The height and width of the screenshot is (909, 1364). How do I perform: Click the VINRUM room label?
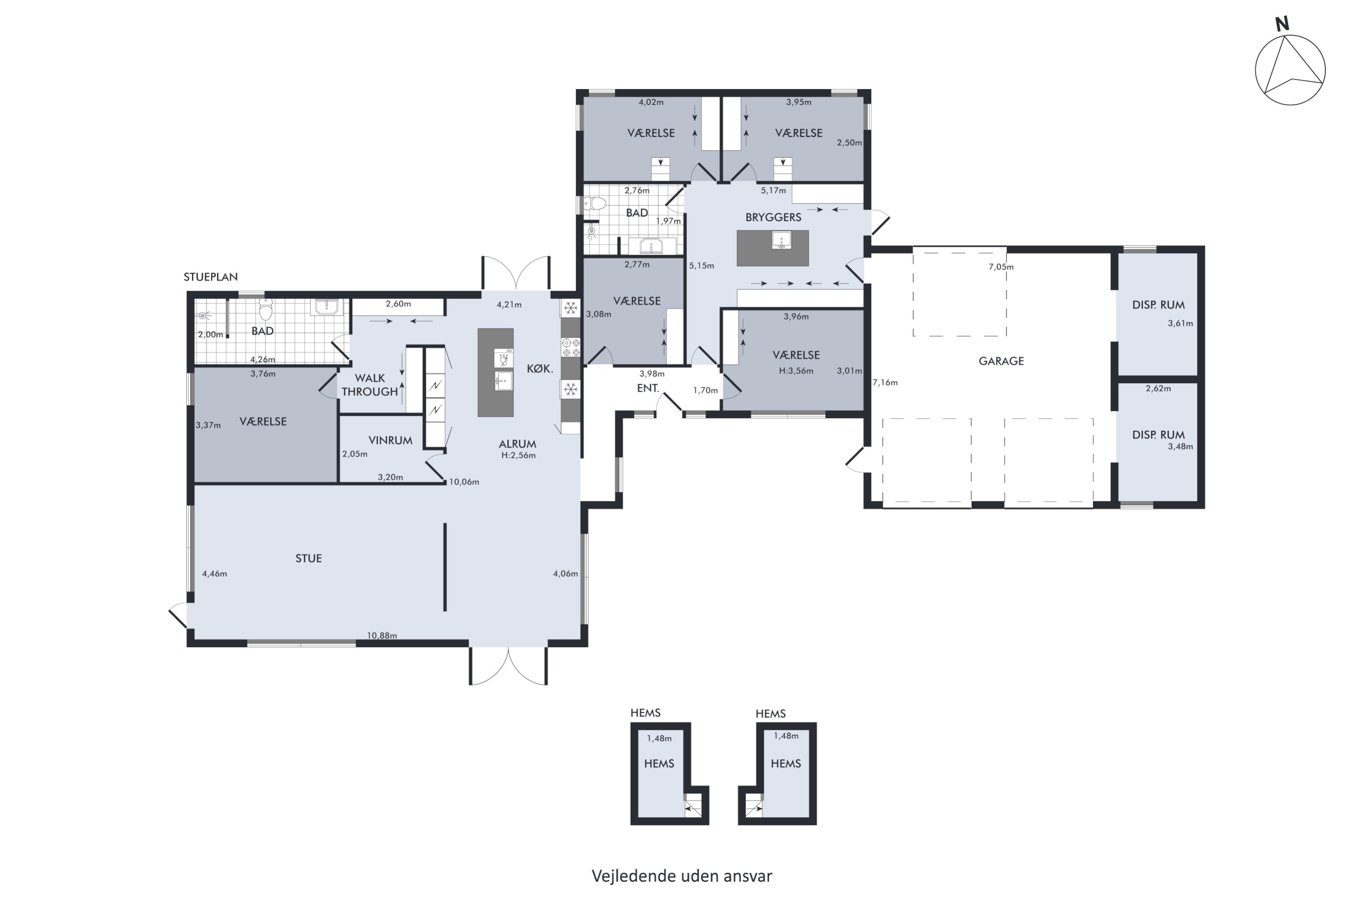[390, 440]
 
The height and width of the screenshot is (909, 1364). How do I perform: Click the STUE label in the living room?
[309, 558]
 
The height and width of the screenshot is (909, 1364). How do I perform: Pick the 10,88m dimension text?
[382, 635]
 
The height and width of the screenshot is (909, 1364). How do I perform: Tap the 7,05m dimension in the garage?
[1001, 267]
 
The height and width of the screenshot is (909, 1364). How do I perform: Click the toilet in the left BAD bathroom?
[266, 310]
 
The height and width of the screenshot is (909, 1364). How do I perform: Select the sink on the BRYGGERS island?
[782, 240]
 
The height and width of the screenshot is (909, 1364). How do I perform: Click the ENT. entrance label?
[648, 389]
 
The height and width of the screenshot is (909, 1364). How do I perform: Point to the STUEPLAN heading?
[211, 277]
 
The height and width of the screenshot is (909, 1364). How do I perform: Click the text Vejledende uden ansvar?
[682, 876]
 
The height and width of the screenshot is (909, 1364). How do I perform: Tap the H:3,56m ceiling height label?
[796, 371]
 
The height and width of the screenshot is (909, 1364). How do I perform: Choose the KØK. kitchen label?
[540, 369]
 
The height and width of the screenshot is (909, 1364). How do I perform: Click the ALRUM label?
[517, 444]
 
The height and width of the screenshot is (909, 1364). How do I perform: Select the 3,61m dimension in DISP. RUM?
[1180, 324]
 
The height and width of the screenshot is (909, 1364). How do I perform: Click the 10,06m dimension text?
[464, 482]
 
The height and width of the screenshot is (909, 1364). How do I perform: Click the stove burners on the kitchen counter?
[571, 347]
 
